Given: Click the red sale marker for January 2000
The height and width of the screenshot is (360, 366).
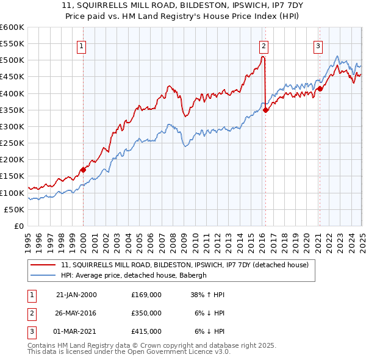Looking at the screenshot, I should [83, 170].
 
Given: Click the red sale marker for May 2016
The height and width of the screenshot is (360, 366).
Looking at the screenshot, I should [266, 110].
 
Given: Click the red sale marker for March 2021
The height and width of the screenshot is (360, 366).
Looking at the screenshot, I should [320, 88].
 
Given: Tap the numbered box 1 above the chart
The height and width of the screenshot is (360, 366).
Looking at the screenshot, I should [81, 45].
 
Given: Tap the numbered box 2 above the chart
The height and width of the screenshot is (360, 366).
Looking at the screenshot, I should [264, 45].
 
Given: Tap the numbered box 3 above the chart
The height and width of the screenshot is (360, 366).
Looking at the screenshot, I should [318, 45].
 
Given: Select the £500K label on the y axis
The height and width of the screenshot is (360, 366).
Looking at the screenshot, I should [12, 60].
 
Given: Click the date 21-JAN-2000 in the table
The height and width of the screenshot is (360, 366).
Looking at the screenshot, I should [76, 294].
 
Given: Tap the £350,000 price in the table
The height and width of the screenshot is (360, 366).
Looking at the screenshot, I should [146, 313].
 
